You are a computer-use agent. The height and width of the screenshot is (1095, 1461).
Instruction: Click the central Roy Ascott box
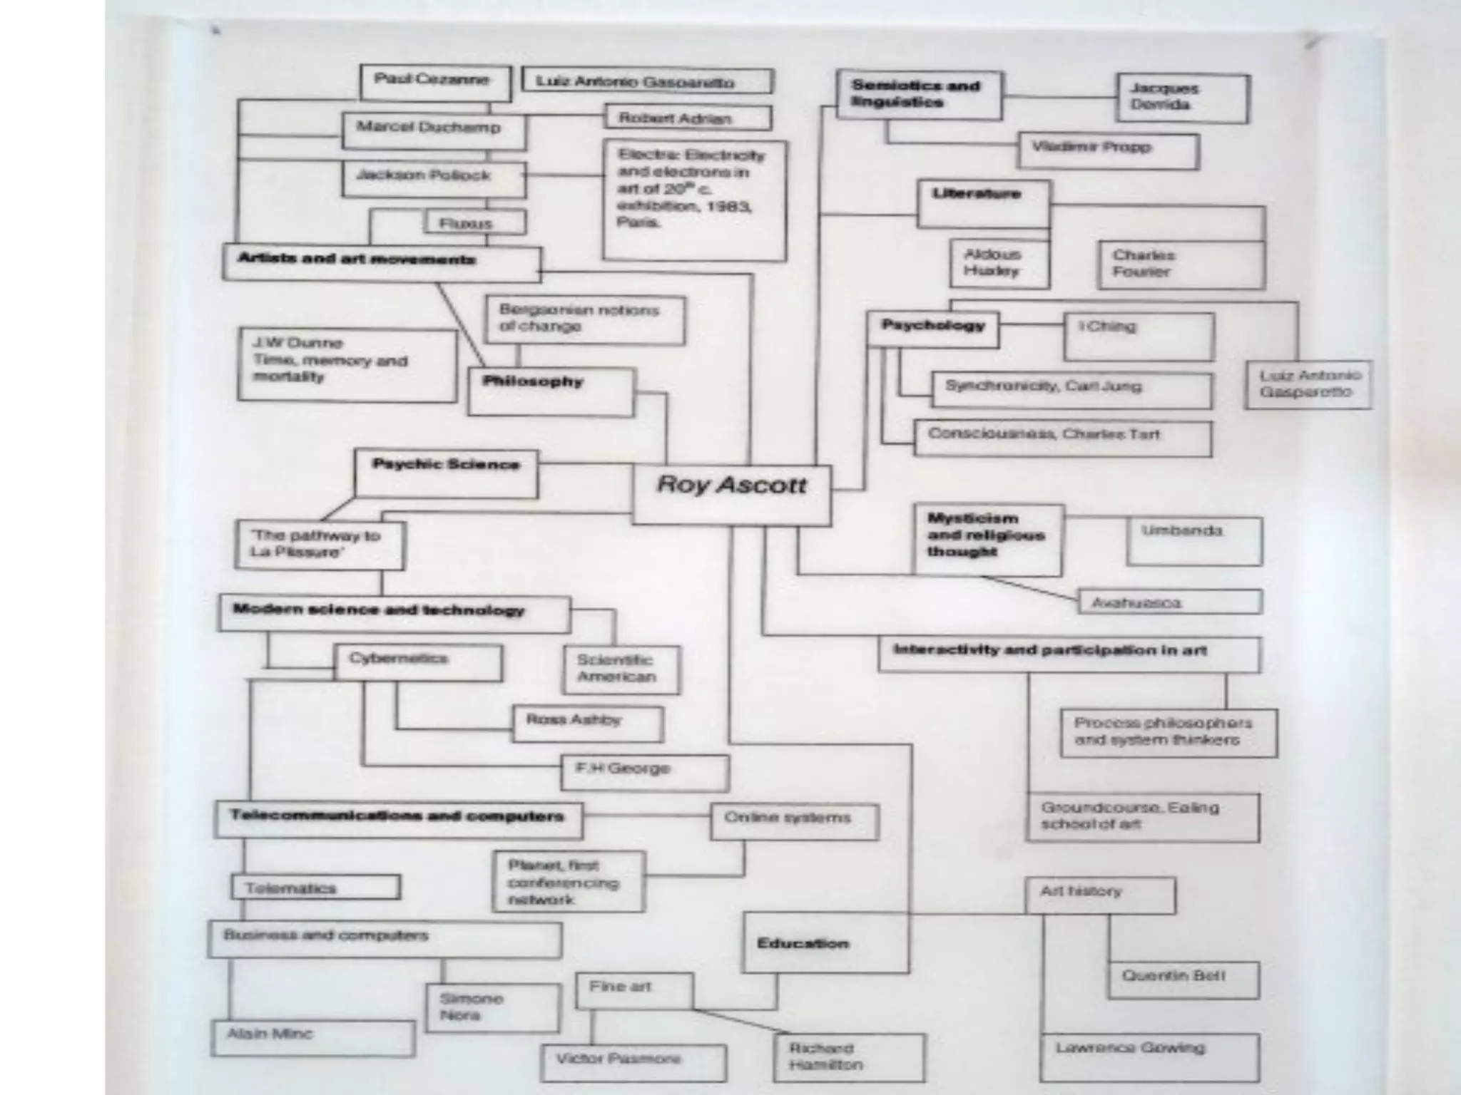click(731, 495)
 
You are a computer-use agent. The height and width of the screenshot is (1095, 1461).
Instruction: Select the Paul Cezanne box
click(435, 83)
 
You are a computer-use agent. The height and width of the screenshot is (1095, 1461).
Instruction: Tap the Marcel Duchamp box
click(434, 130)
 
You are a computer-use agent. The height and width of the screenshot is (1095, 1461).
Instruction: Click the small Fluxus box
click(475, 222)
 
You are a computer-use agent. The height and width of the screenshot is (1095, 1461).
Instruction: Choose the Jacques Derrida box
click(1183, 98)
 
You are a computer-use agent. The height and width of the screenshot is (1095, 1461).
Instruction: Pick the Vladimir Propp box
click(1107, 150)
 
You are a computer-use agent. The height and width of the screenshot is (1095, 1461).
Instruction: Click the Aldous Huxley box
click(999, 263)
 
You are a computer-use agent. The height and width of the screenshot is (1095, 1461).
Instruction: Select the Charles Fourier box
click(1181, 264)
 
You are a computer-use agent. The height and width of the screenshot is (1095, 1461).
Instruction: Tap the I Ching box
click(1138, 336)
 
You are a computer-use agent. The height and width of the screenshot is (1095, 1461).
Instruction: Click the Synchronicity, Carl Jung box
click(1071, 389)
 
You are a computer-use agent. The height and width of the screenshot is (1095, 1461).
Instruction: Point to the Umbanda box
click(1193, 541)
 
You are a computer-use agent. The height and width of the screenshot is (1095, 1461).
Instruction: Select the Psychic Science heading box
click(446, 473)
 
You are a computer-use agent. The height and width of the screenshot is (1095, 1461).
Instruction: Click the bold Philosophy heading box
click(550, 391)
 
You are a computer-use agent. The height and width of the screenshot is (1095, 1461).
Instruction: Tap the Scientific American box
click(621, 669)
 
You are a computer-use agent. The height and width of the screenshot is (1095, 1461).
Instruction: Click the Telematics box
click(315, 888)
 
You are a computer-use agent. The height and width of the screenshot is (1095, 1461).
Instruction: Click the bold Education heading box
click(825, 942)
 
